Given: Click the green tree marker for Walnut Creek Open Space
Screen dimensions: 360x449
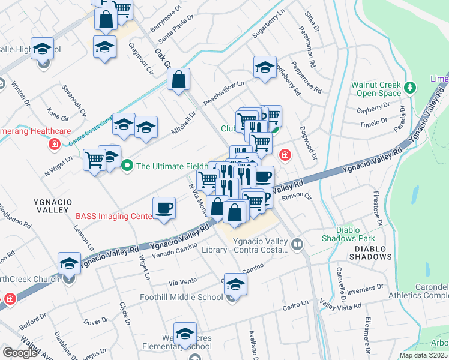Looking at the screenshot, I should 411,88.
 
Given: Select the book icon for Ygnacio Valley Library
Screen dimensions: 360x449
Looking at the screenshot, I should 297,244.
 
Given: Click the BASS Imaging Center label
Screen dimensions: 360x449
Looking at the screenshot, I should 112,216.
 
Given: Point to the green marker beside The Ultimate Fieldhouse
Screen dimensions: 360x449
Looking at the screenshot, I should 127,166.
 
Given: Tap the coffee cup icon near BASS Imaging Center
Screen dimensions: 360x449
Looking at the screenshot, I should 164,209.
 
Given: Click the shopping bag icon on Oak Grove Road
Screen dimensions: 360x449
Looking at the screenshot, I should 179,80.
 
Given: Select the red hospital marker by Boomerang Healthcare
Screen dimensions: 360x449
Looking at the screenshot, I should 55,144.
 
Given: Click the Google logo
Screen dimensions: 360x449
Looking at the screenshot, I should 20,353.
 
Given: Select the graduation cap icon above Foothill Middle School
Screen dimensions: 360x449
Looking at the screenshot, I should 236,286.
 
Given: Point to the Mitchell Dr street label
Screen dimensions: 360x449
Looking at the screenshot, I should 184,123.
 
